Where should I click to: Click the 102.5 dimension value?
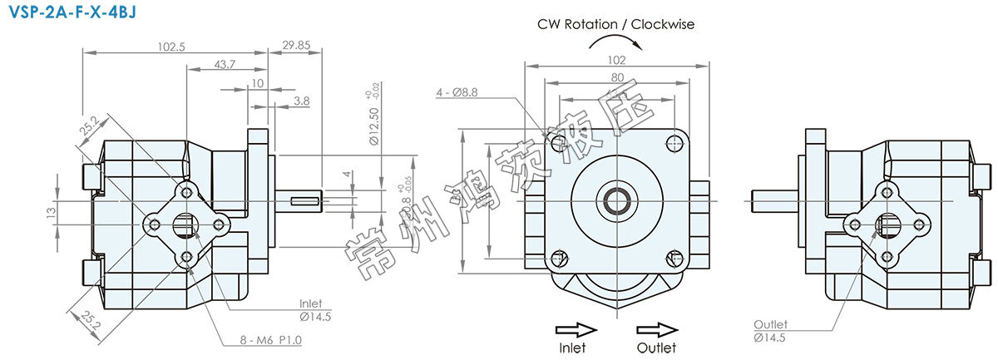coord(171,47)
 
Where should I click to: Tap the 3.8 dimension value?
coord(302,101)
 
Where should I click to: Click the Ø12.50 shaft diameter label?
coord(374,125)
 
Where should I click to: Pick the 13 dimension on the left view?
coord(50,211)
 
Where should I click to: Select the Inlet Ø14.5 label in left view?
coord(310,309)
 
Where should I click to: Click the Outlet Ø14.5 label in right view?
coord(770,330)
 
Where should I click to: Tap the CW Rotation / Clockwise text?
coord(615,24)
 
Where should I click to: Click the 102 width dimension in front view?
coord(615,59)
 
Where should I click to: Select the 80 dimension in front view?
coord(615,77)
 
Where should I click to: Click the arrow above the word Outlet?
coord(656,328)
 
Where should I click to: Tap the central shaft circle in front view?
coord(616,201)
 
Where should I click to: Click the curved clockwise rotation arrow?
coord(615,42)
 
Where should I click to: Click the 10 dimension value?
coord(257,83)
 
